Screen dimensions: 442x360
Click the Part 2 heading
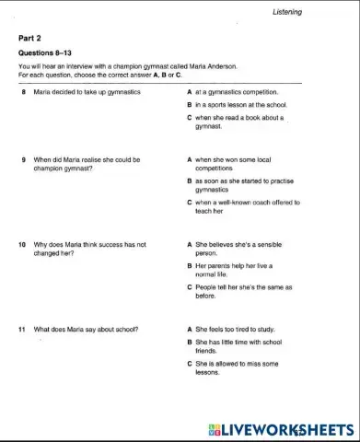(30, 39)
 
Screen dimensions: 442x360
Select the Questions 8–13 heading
(42, 52)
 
